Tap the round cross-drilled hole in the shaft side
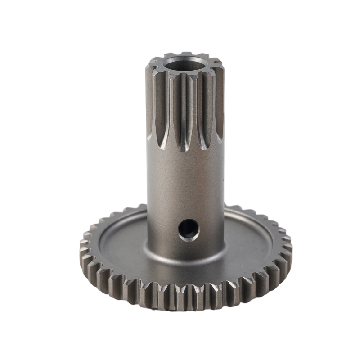[188, 229]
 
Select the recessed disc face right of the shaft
[252, 243]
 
